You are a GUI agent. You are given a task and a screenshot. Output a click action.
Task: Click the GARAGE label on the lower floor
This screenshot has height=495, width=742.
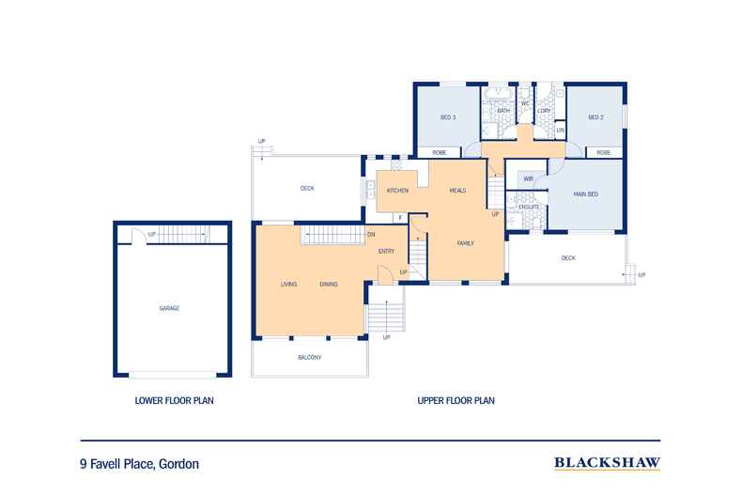(169, 308)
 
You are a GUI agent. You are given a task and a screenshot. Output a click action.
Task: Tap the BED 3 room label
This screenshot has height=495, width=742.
(447, 117)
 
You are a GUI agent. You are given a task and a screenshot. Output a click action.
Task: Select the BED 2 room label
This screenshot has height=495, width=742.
(595, 117)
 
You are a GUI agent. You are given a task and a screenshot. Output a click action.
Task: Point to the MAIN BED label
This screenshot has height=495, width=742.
(588, 193)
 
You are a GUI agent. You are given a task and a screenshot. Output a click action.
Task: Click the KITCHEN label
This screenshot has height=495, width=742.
(398, 191)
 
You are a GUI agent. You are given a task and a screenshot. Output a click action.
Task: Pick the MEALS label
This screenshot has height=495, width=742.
(457, 191)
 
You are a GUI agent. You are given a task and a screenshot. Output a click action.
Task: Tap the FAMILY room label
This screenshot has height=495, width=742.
(464, 243)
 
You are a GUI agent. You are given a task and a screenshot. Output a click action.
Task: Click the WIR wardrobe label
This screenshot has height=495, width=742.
(528, 178)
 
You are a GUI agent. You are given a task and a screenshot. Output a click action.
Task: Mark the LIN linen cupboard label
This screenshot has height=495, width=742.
(560, 130)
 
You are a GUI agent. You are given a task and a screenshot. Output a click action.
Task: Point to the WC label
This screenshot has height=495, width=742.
(525, 102)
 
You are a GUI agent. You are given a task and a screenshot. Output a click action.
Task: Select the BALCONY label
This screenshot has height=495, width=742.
(309, 357)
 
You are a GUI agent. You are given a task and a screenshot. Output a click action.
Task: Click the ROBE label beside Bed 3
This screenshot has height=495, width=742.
(439, 152)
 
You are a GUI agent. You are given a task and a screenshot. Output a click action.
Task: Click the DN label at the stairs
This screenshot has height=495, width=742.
(371, 234)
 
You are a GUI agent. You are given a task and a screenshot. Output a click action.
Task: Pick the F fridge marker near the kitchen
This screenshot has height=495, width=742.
(399, 218)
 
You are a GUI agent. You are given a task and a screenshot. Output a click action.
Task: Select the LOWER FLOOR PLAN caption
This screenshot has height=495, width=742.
(174, 400)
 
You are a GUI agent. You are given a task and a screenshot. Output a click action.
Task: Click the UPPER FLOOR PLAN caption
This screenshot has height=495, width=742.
(456, 400)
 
